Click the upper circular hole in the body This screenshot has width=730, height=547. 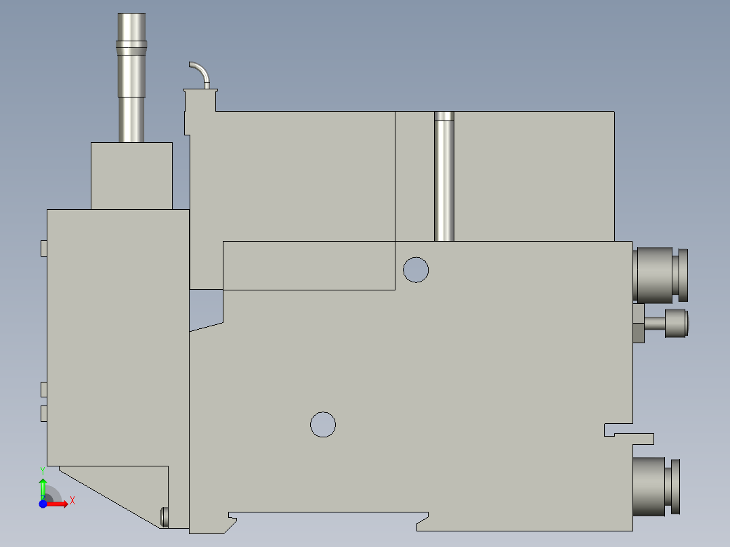click(416, 269)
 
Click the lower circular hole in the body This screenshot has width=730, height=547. click(323, 424)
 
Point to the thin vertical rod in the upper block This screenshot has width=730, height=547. click(444, 176)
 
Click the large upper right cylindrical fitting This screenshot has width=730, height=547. click(657, 274)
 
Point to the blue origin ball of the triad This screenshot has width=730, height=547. click(43, 504)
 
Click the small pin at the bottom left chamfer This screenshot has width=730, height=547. click(164, 517)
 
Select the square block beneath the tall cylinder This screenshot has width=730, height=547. click(131, 175)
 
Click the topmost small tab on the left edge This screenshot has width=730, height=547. click(43, 248)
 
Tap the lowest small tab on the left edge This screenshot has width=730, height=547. click(43, 413)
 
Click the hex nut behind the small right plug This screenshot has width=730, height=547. click(638, 324)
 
